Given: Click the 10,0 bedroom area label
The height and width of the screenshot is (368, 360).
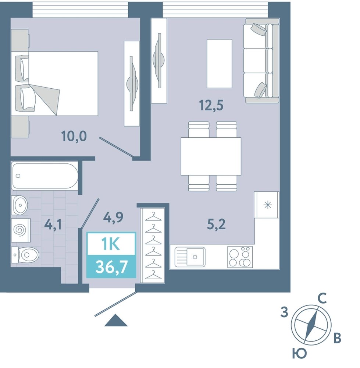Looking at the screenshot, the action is (x=74, y=137).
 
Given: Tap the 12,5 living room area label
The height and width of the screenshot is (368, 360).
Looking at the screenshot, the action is (x=211, y=105).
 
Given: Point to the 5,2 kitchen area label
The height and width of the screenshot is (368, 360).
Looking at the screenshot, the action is (x=216, y=224).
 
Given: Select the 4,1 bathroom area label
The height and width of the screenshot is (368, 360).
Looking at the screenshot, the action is (x=53, y=224).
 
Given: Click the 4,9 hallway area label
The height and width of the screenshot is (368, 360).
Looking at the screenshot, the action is (x=113, y=217).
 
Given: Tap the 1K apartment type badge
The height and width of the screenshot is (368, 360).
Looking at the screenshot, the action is (x=111, y=244).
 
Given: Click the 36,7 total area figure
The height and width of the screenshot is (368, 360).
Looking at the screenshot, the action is (x=111, y=267).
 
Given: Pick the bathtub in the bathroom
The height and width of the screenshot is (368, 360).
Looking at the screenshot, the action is (x=45, y=176).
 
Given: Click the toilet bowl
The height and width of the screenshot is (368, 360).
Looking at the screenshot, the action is (x=25, y=255).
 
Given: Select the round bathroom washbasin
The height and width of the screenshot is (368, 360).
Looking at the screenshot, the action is (x=20, y=205).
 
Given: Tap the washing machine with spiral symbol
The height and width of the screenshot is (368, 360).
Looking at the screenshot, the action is (x=21, y=230).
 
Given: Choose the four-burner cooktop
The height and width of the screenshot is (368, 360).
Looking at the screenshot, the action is (x=240, y=257).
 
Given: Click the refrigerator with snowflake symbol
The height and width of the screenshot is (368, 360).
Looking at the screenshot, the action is (x=267, y=205).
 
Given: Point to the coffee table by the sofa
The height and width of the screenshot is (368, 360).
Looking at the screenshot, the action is (x=219, y=64).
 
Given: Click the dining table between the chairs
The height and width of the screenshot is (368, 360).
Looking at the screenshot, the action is (x=211, y=156).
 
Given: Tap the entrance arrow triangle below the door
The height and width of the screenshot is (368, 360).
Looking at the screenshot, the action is (x=116, y=321).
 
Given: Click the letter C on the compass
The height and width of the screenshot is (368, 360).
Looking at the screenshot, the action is (x=322, y=299).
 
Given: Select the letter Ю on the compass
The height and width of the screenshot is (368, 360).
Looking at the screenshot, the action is (x=299, y=353).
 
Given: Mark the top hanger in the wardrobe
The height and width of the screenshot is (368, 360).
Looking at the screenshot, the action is (x=154, y=217).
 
